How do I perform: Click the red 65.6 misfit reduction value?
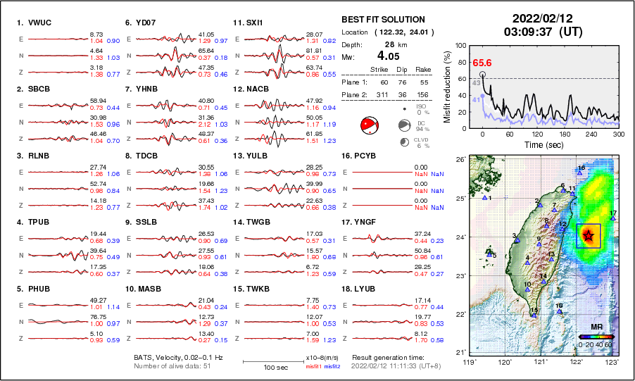coord(482,63)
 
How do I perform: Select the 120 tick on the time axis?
coord(537,133)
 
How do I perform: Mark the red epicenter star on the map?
coord(589,235)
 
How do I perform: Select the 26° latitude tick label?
coord(459,160)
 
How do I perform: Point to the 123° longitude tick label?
coord(612,362)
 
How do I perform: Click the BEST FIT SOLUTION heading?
coord(383,20)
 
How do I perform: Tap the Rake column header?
coord(423,69)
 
